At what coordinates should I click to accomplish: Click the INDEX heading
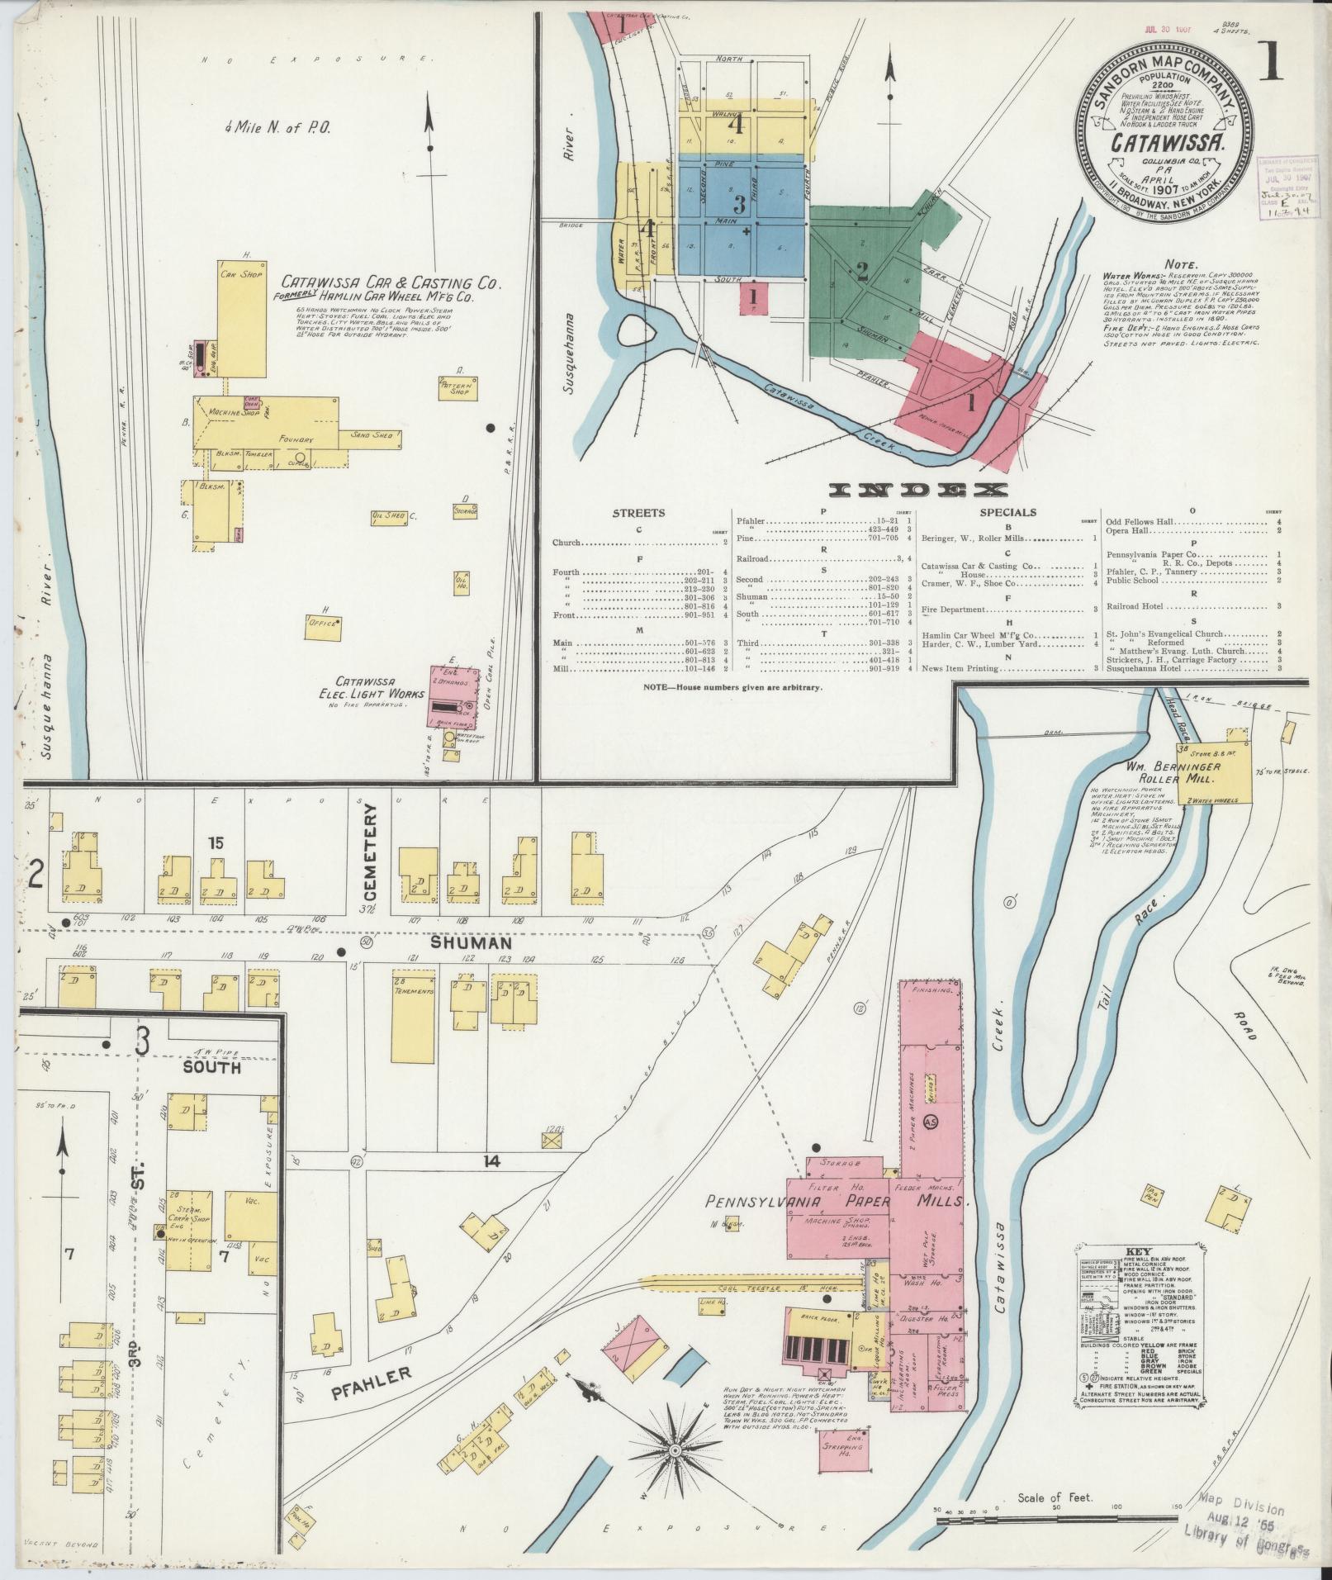tap(917, 490)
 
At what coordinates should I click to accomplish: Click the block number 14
tap(492, 1161)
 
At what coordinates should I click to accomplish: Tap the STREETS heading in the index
tap(638, 512)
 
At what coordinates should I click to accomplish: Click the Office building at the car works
tap(322, 622)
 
